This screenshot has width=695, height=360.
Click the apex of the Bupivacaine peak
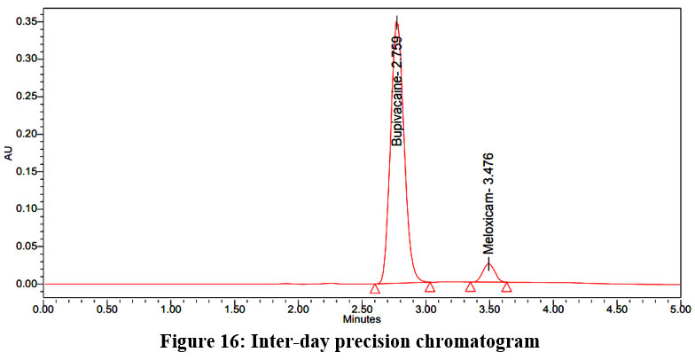click(x=396, y=22)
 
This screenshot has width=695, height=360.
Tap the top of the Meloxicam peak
click(x=488, y=262)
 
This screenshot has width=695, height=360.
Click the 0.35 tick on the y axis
click(x=24, y=21)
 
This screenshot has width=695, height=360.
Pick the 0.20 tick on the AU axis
click(x=24, y=134)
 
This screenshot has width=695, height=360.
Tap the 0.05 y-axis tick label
click(x=24, y=247)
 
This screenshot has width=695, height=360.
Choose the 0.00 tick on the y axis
click(x=24, y=285)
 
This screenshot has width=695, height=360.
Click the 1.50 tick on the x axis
click(x=235, y=309)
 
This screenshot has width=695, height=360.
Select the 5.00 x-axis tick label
click(x=679, y=309)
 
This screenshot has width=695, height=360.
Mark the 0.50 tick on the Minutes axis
click(x=107, y=309)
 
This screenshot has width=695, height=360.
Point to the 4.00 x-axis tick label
click(x=552, y=309)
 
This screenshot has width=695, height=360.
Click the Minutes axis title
click(x=362, y=318)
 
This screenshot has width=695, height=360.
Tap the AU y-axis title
click(x=9, y=153)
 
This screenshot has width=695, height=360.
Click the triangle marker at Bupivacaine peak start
click(x=375, y=288)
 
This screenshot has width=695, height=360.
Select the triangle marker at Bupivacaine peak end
click(x=430, y=286)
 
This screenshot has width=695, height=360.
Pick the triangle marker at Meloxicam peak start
click(x=470, y=286)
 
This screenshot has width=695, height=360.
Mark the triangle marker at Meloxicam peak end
click(x=506, y=286)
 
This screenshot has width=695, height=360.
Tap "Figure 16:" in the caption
click(x=197, y=340)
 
